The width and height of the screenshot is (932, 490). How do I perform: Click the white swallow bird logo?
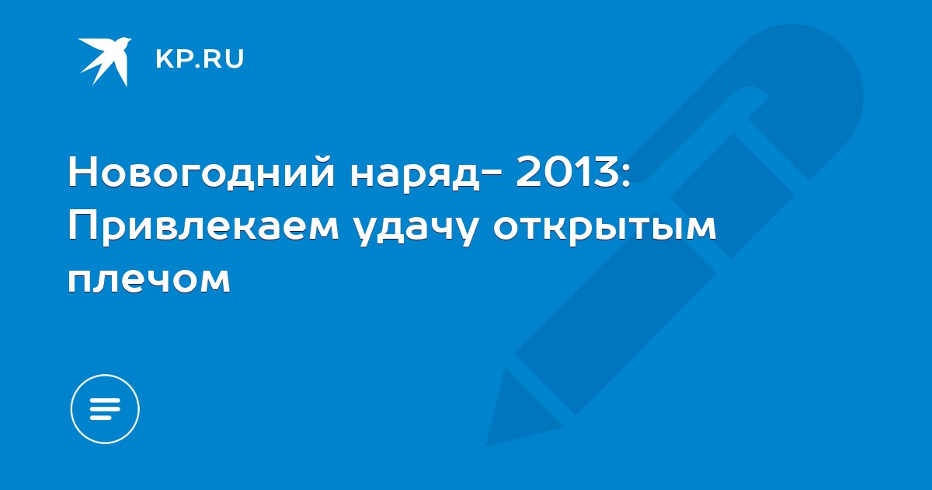pos(105,61)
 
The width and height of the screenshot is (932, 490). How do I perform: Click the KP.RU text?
pos(200,59)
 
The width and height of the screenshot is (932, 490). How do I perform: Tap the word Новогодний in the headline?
pos(201,171)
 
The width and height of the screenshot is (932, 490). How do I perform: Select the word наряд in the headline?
pos(416,176)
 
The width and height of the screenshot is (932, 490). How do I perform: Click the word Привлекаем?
pos(203,227)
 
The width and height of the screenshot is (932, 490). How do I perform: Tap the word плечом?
pos(149,279)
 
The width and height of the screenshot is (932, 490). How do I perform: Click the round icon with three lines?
pos(105,409)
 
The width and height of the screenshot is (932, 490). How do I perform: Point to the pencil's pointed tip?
pos(488,445)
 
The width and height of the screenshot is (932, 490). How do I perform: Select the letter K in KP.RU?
pos(164,59)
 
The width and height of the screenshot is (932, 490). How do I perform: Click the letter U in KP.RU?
pos(235,59)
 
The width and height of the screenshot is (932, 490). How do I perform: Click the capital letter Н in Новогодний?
pos(82,170)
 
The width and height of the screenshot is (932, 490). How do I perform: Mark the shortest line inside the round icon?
pos(100,417)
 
